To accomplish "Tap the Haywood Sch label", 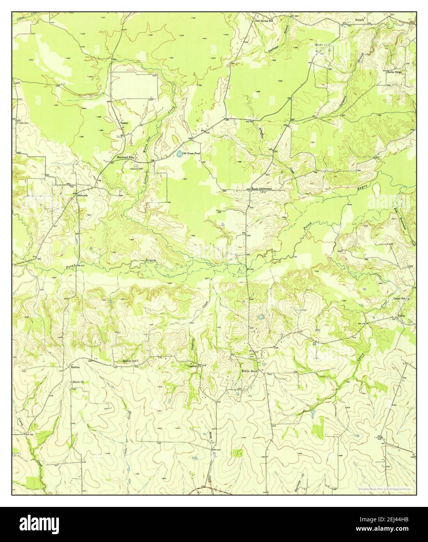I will [125, 157].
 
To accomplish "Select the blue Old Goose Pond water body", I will [179, 155].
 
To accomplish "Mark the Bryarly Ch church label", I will [322, 45].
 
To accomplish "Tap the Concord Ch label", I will [194, 366].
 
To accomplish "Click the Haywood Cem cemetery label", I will [136, 169].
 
